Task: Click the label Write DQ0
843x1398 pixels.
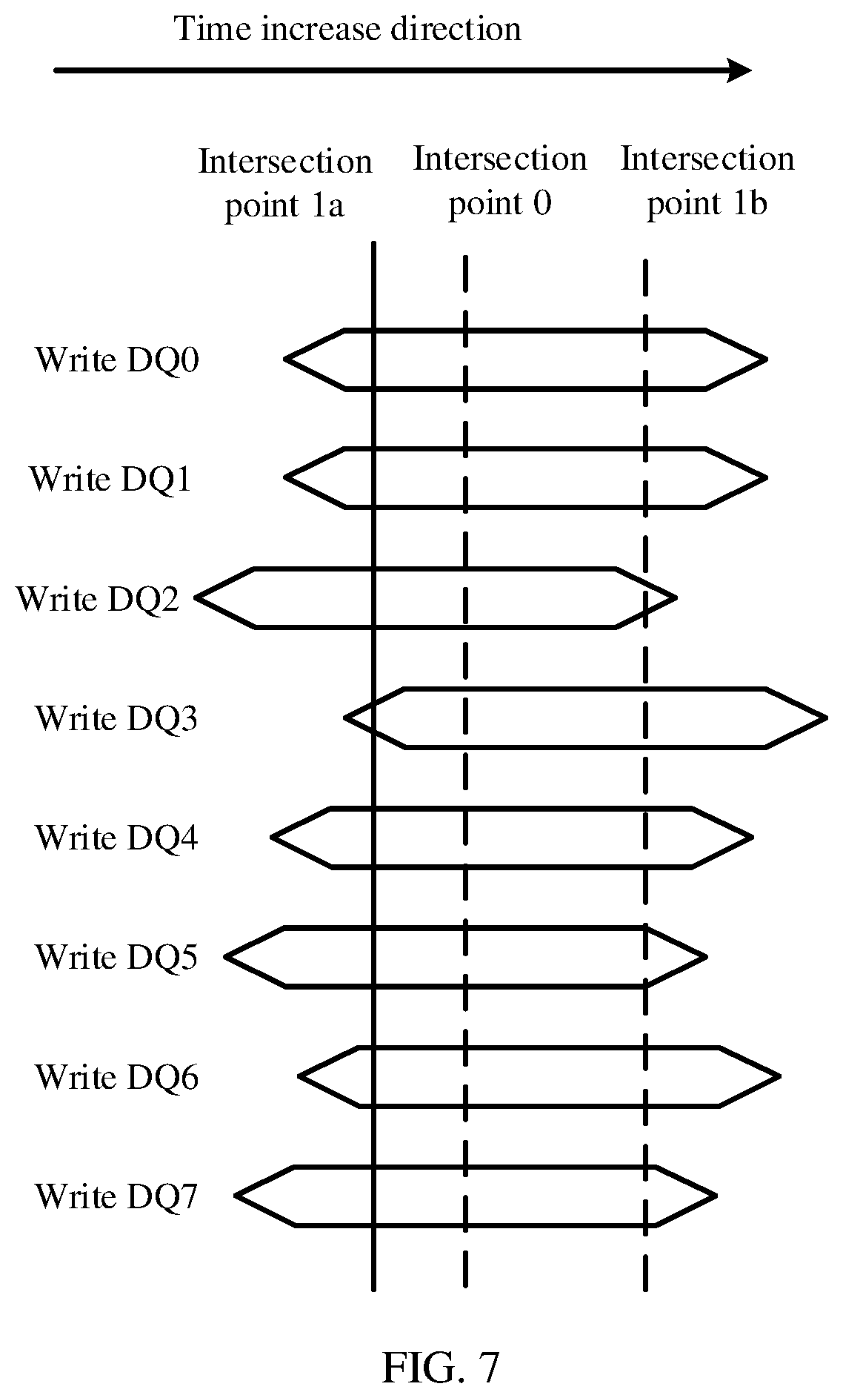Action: [x=117, y=360]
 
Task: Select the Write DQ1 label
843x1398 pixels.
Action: [x=110, y=479]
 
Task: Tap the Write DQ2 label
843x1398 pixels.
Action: [x=98, y=599]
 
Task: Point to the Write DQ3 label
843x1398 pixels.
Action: [x=116, y=718]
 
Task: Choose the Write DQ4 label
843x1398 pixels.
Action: [x=116, y=838]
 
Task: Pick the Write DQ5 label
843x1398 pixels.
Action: [x=116, y=957]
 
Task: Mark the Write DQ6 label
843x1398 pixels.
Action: [x=116, y=1077]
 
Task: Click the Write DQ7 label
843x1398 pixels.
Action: [x=116, y=1196]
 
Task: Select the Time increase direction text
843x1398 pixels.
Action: [x=347, y=29]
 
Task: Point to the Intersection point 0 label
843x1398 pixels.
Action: [x=500, y=181]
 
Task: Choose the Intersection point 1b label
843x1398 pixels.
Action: [x=707, y=181]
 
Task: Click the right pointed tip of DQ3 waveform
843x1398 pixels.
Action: [x=825, y=718]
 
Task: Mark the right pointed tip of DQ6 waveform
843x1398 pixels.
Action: [x=779, y=1076]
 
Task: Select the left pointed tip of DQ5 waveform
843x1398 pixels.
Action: [x=226, y=956]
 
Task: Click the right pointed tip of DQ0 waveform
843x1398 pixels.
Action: [x=766, y=360]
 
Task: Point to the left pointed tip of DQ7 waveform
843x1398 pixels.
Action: [x=236, y=1196]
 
